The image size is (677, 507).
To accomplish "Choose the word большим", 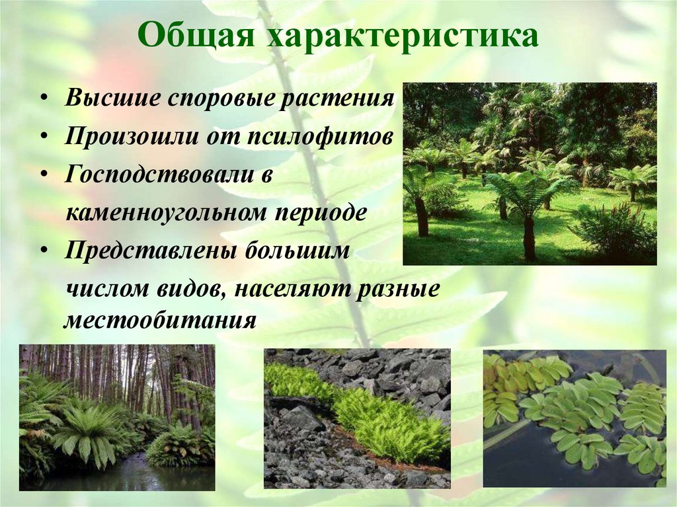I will [299, 252].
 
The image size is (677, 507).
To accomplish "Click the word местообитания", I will [159, 321].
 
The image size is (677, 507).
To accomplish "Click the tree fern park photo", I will [530, 174].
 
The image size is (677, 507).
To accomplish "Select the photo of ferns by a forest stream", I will [117, 417].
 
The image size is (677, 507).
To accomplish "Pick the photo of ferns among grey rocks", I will [357, 418].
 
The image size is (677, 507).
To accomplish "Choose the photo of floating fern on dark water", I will [574, 418].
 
